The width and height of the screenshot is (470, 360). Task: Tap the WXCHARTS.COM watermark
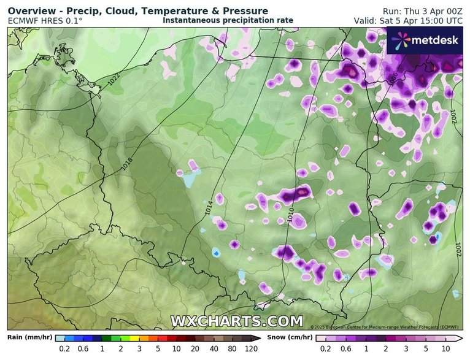tap(236, 321)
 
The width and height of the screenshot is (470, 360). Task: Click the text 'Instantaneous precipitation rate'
tap(228, 20)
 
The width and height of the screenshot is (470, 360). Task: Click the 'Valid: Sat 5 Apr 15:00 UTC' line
tap(408, 20)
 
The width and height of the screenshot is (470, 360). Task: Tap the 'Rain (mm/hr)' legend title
tap(28, 337)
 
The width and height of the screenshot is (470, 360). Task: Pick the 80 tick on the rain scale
tap(231, 348)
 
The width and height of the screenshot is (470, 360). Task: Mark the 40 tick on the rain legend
tap(212, 348)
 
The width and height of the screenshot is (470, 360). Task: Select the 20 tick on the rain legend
tap(194, 348)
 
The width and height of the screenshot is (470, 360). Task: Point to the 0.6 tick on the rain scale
tap(83, 348)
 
